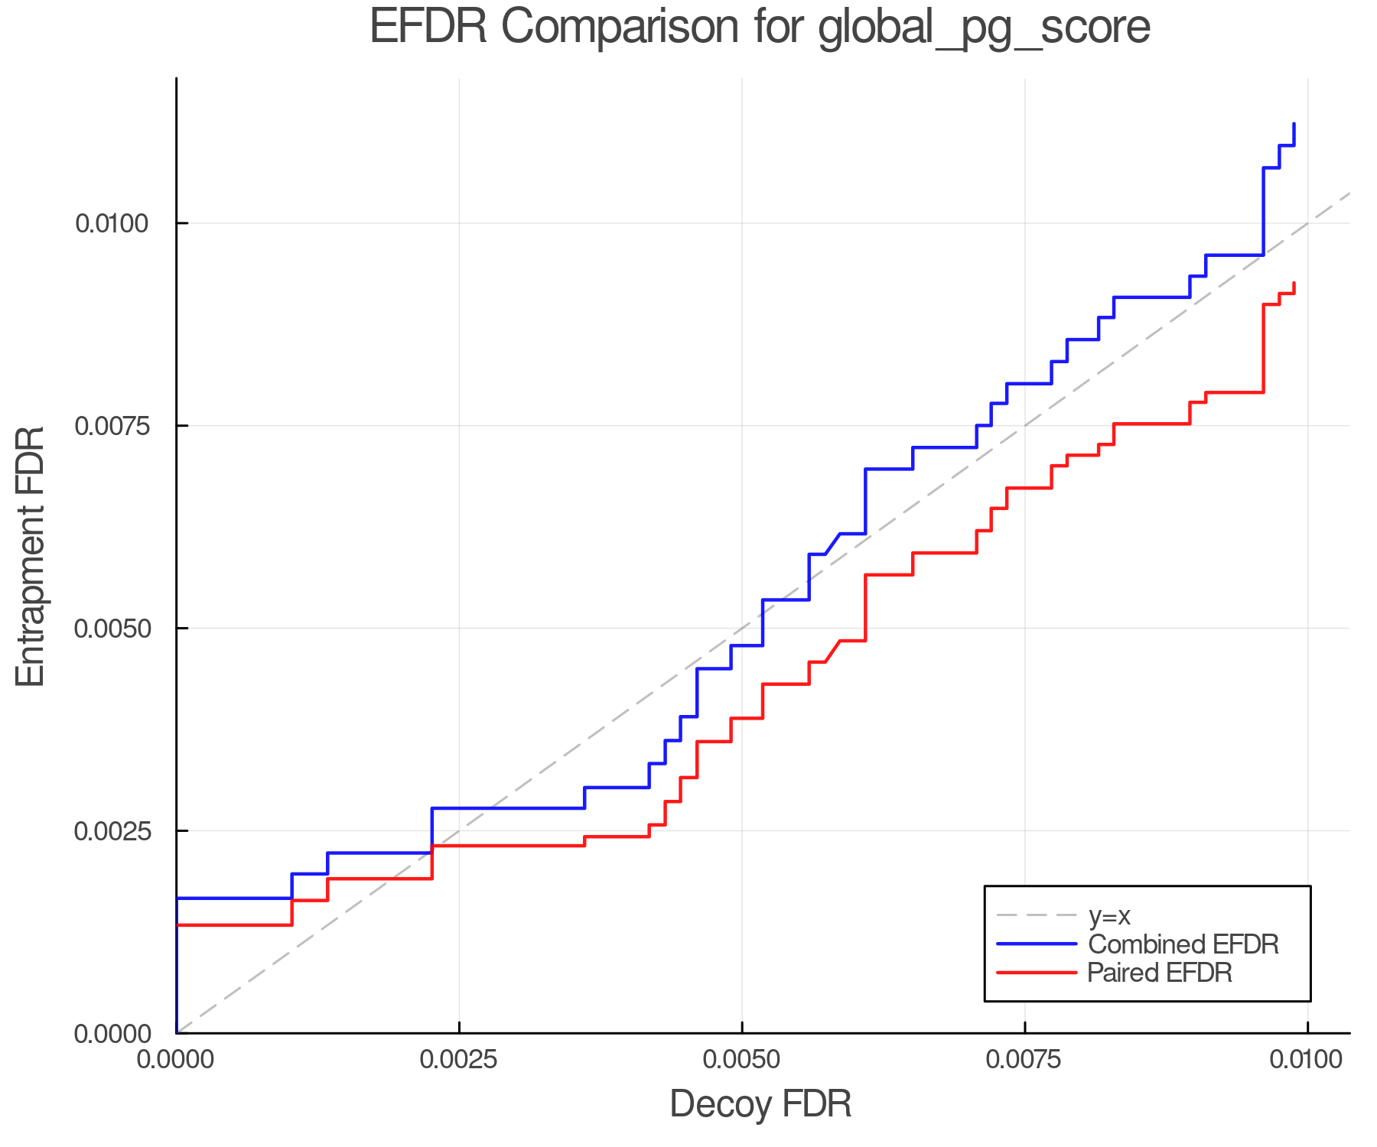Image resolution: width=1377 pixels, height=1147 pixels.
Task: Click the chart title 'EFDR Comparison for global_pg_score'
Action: tap(760, 28)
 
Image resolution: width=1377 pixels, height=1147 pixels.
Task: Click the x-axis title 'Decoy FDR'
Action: tap(760, 1104)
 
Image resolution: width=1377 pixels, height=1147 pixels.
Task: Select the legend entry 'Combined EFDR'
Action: tap(1183, 944)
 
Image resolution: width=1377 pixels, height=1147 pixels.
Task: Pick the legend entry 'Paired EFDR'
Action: tap(1159, 972)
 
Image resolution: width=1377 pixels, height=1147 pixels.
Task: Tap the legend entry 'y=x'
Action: tap(1109, 915)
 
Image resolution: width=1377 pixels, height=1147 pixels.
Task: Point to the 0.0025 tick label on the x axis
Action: tap(459, 1060)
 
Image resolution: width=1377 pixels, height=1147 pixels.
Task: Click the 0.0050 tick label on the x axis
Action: tap(741, 1060)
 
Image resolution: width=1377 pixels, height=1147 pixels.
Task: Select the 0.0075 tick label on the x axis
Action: tap(1024, 1060)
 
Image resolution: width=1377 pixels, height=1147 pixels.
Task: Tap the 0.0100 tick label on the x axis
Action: tap(1307, 1060)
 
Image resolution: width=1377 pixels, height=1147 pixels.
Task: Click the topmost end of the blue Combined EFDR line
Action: tap(1294, 124)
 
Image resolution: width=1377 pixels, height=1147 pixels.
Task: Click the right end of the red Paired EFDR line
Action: tap(1294, 284)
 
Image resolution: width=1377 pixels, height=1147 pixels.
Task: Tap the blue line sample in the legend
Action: tap(1037, 944)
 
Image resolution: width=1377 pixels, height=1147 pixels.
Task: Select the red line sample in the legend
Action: tap(1037, 972)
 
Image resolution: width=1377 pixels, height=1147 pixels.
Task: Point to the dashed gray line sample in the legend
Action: tap(1037, 915)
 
